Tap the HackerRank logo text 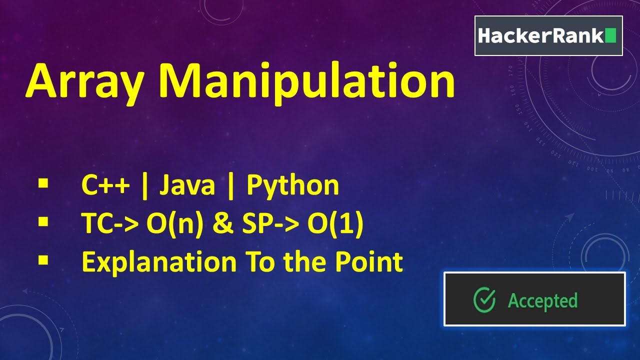[540, 36]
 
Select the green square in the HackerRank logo [610, 36]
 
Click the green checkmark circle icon [484, 300]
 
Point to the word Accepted [542, 300]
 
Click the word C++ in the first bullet [105, 186]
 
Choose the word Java [187, 186]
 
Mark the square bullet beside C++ [43, 183]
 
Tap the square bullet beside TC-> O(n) [43, 221]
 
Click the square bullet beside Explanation [43, 259]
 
